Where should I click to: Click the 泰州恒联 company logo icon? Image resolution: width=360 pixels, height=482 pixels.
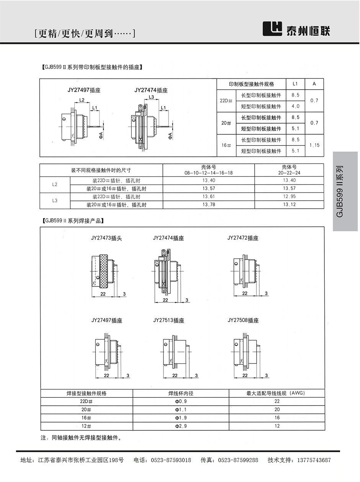tap(272, 28)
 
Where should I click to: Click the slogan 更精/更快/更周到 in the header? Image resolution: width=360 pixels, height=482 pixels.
tap(85, 34)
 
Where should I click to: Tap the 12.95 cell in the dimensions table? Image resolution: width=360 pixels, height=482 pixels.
tap(289, 196)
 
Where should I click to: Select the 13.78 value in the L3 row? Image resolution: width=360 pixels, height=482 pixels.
tap(208, 205)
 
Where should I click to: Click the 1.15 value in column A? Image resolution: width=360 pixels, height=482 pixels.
tap(314, 145)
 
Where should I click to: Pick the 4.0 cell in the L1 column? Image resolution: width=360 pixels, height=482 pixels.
tap(295, 106)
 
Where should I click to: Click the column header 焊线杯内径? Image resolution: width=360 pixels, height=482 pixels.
tap(181, 393)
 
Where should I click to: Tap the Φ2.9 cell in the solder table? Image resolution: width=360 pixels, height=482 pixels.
tap(181, 426)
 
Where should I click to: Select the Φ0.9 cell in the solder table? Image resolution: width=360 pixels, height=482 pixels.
tap(181, 401)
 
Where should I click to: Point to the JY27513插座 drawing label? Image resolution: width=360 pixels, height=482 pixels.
tap(169, 320)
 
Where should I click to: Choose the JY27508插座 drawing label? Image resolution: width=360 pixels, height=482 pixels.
tap(243, 320)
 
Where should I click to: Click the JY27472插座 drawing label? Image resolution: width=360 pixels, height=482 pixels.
tap(243, 238)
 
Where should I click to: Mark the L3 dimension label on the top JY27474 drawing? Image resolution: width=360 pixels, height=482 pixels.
tap(151, 97)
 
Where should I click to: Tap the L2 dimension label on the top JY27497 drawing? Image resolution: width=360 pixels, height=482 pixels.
tap(82, 100)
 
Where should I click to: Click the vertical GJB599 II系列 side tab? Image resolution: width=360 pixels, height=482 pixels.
tap(340, 191)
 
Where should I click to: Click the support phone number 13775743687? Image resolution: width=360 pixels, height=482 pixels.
tap(310, 460)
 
